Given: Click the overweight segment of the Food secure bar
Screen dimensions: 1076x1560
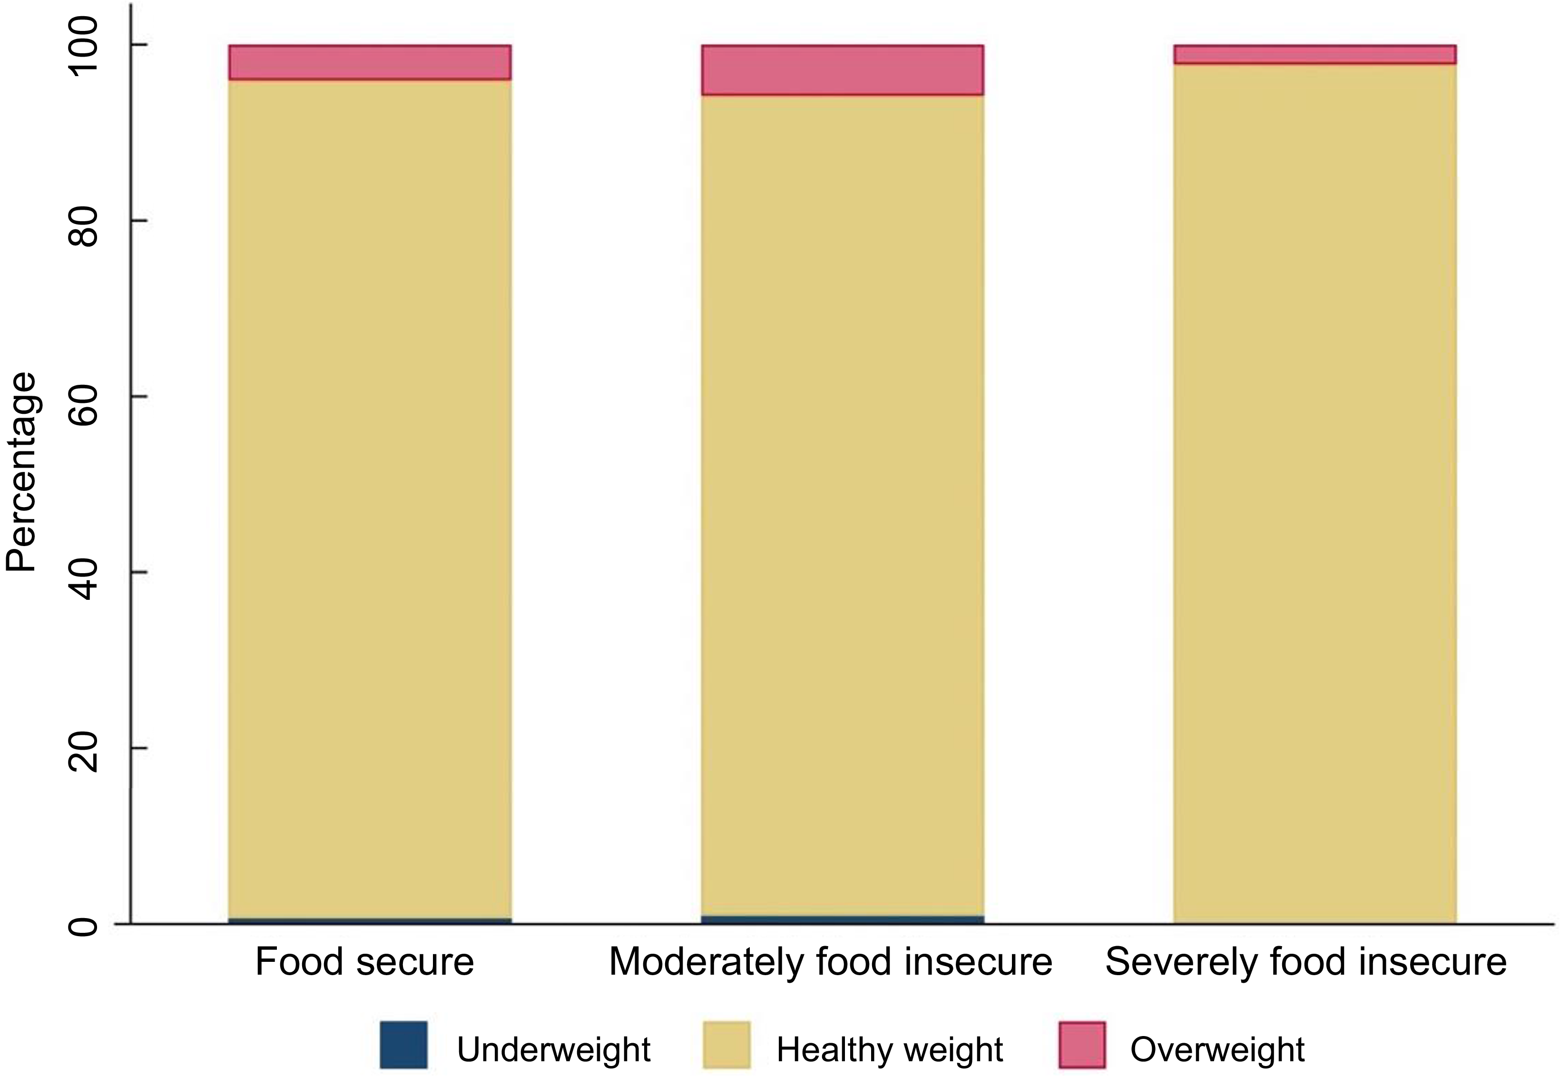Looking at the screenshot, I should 370,63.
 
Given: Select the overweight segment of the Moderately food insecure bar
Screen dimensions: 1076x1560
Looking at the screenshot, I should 842,70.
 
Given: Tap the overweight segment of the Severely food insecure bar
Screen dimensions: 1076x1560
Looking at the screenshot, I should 1315,55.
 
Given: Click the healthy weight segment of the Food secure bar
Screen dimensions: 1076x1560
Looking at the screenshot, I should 370,499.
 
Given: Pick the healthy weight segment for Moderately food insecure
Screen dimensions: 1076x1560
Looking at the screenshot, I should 842,506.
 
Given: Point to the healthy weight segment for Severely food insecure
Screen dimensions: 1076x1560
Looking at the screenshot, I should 1315,492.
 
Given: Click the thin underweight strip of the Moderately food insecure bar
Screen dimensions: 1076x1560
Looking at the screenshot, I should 842,919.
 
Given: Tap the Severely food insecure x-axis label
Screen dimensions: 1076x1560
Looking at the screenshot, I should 1306,962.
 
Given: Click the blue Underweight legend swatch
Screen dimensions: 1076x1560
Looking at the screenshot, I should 403,1045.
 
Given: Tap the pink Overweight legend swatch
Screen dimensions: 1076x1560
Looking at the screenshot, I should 1081,1045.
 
